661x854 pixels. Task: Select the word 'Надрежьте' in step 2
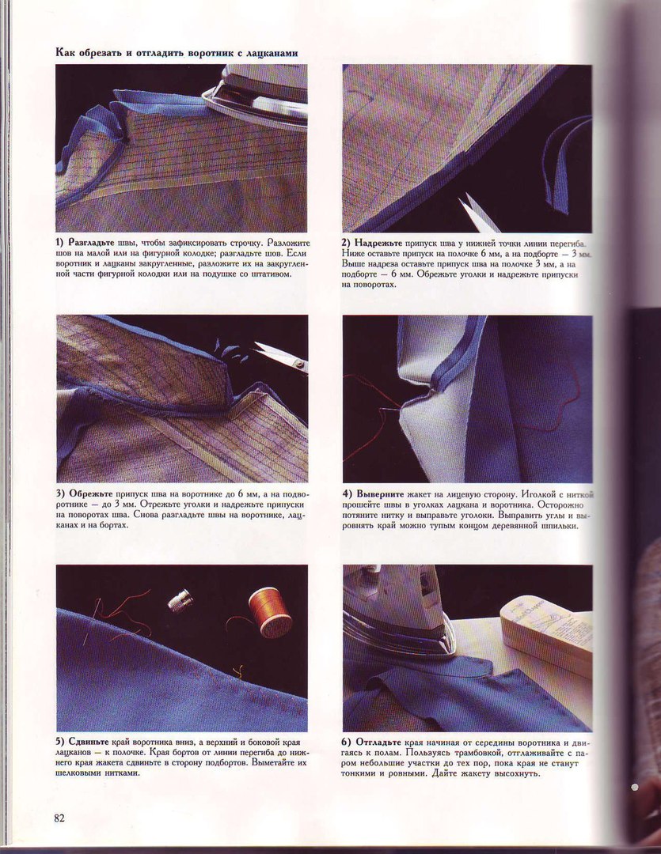[378, 243]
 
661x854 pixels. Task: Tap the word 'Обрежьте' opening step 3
[91, 494]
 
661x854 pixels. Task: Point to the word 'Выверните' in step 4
[380, 494]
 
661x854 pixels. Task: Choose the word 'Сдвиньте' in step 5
[89, 743]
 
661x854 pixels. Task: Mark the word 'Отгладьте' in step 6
[378, 743]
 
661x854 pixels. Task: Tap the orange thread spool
[270, 611]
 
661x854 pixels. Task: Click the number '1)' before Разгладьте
[60, 243]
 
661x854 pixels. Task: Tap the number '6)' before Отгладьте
[348, 743]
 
